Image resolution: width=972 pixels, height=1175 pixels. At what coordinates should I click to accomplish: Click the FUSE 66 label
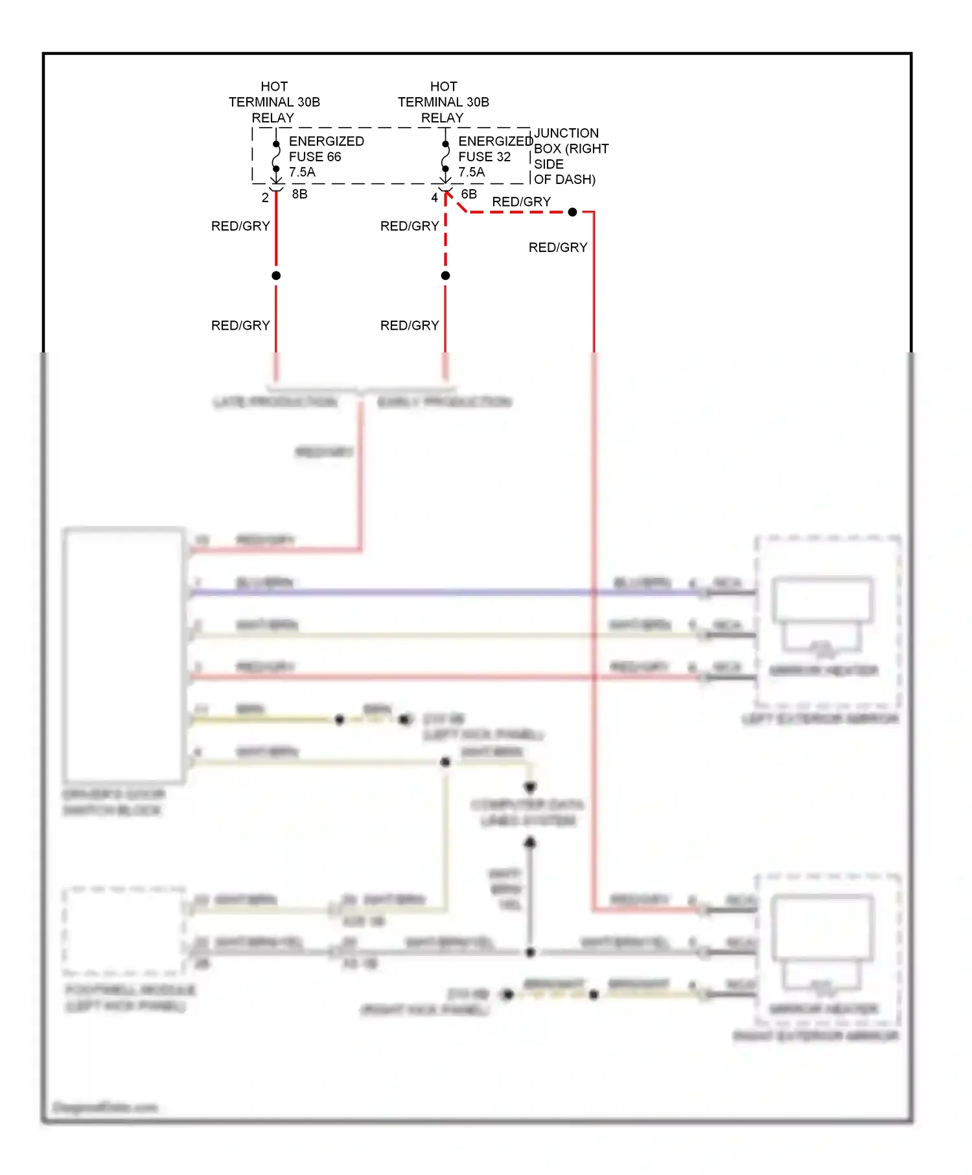point(315,157)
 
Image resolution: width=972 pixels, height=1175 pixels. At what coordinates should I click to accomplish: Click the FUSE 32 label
point(484,157)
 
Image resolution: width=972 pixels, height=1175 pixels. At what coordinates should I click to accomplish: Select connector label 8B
point(299,194)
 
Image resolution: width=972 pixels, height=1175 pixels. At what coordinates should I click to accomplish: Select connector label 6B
point(469,194)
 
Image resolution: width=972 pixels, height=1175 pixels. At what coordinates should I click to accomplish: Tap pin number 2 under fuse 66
point(265,198)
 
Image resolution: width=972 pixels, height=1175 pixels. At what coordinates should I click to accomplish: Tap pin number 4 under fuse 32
point(434,198)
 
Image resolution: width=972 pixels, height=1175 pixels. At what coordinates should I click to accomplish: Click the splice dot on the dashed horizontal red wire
point(572,212)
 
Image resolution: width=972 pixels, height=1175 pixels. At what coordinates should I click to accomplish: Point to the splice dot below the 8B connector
point(276,275)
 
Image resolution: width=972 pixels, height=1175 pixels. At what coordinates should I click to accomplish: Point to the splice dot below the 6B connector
point(445,275)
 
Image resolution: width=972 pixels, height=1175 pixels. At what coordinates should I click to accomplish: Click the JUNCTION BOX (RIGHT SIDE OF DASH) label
point(570,156)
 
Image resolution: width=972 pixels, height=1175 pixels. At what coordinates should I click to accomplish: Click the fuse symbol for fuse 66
point(276,156)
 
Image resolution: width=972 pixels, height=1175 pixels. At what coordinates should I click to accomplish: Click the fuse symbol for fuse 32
point(445,156)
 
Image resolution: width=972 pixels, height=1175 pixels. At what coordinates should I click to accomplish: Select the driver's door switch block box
point(123,654)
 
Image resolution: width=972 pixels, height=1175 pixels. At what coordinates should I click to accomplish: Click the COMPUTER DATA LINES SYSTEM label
point(527,813)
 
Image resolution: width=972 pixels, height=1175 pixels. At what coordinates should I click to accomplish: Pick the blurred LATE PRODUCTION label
point(275,402)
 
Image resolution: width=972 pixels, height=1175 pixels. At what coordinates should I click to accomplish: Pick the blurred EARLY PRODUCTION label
point(445,402)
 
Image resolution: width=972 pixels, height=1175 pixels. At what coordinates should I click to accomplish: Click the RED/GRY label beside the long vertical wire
point(557,247)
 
